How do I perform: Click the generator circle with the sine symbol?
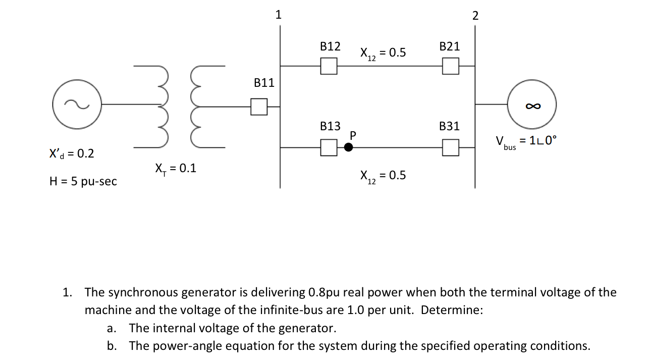(x=77, y=105)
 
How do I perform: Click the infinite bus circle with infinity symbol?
(x=532, y=105)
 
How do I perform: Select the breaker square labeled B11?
(x=259, y=106)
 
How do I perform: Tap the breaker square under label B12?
(x=329, y=66)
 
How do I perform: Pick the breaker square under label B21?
(x=450, y=66)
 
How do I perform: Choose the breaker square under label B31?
(x=450, y=147)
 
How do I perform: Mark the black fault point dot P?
(x=348, y=147)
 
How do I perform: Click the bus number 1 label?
(x=278, y=15)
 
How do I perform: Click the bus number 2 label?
(x=475, y=16)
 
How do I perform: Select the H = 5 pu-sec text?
(x=83, y=181)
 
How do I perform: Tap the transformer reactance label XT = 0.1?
(x=176, y=169)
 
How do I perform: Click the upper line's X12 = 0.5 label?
(x=383, y=53)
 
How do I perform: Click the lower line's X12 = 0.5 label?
(x=383, y=176)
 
